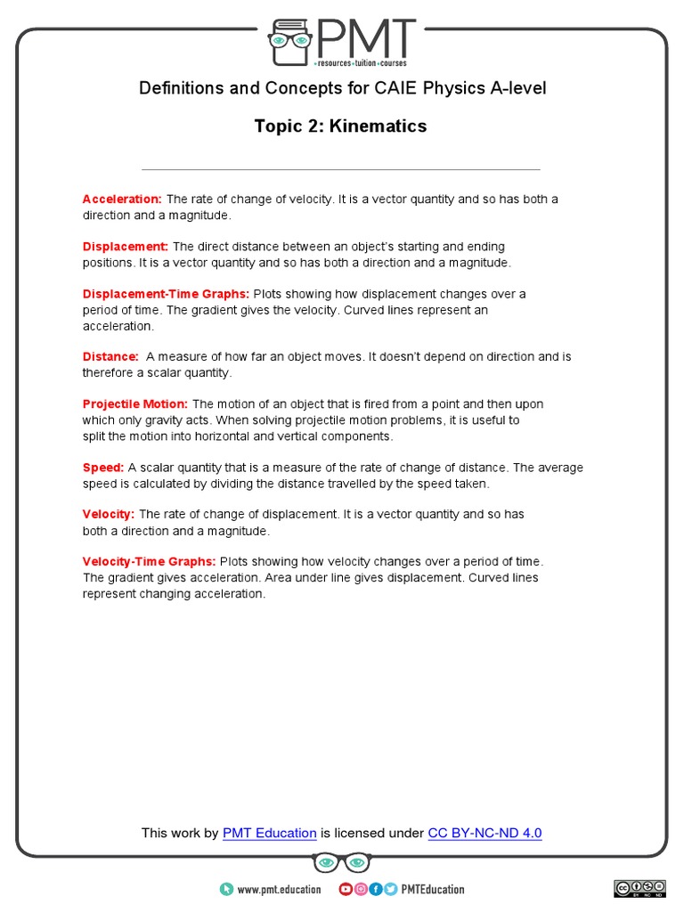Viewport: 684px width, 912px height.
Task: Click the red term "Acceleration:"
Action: (122, 199)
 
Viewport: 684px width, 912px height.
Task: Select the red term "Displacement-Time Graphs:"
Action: (166, 294)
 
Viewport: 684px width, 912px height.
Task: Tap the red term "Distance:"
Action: (110, 356)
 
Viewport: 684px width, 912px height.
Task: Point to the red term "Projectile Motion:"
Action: (135, 404)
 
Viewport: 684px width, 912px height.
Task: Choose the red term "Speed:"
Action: (103, 468)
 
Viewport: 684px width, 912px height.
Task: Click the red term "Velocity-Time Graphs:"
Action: (149, 562)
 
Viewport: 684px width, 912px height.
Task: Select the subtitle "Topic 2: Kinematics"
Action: (340, 126)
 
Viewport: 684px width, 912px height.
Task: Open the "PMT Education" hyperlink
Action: (269, 834)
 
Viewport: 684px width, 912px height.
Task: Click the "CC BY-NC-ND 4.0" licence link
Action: (484, 834)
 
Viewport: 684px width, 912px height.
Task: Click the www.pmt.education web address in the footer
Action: (279, 889)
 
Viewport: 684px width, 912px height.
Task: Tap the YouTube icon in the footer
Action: (346, 889)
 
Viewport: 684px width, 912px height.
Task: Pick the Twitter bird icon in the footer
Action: (390, 889)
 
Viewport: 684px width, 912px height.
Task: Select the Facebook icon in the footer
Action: (375, 889)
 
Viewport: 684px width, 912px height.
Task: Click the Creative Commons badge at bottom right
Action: (639, 888)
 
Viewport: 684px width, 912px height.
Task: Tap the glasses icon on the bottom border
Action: (341, 863)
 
